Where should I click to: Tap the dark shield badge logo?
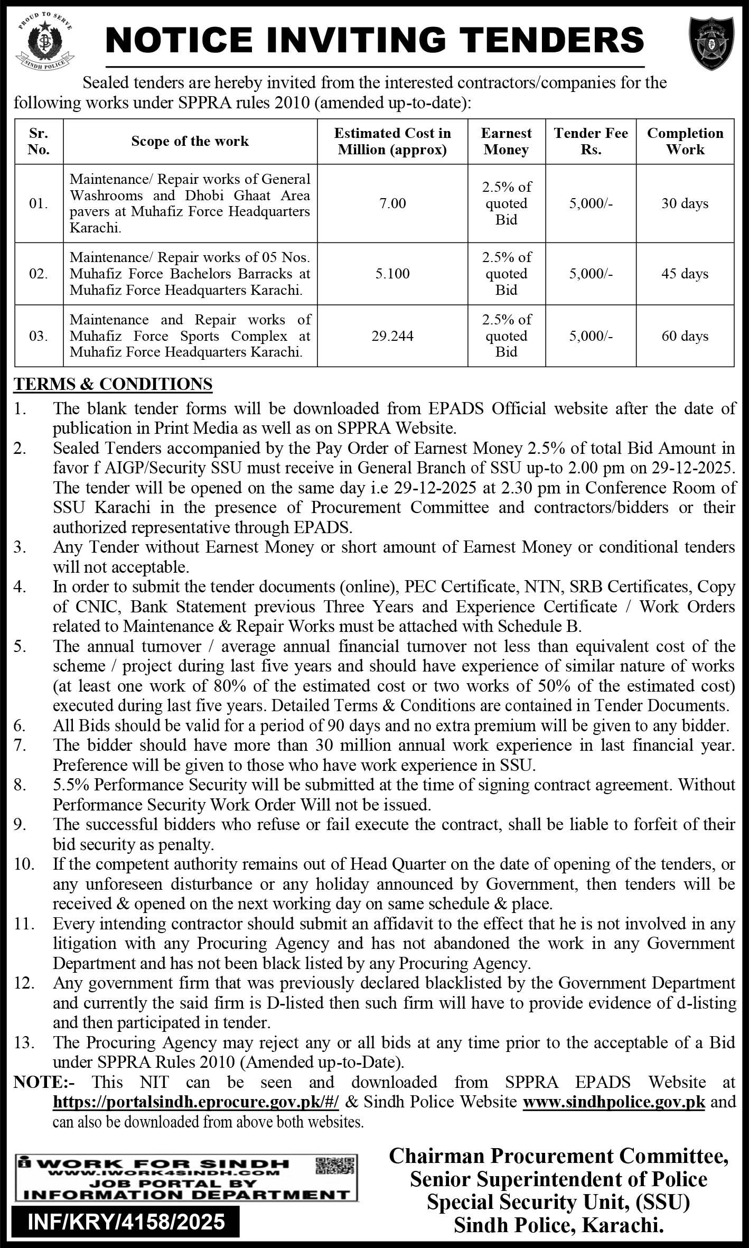711,43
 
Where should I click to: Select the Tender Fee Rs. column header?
591,142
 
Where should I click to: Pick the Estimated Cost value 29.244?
392,336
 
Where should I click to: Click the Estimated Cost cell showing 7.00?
392,203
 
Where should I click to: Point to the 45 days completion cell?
685,274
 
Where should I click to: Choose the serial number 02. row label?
39,274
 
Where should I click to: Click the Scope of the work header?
190,142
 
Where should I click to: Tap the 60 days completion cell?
685,336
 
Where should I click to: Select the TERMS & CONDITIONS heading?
113,384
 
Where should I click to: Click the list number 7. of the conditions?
20,746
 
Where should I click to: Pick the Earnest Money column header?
506,142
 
